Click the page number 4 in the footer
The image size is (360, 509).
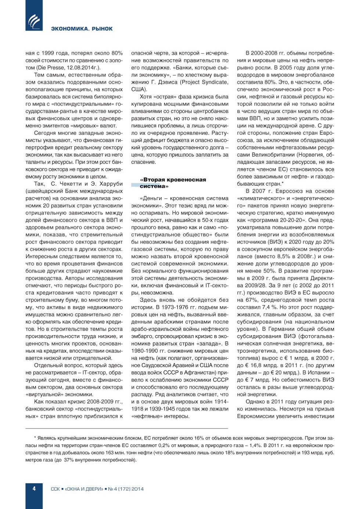[34, 488]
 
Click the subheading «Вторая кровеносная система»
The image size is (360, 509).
[173, 183]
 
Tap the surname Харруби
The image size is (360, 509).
[109, 184]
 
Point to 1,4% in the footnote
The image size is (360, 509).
[256, 445]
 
